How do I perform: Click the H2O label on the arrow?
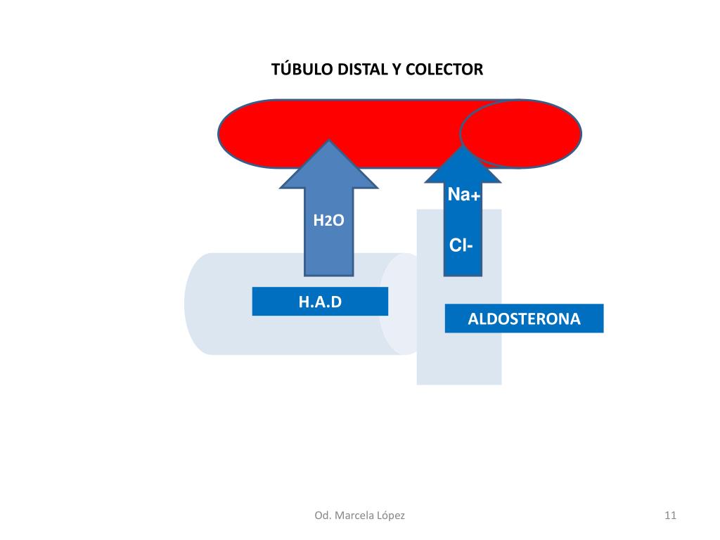coord(328,221)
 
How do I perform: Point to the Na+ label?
coord(464,195)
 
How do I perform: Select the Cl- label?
coord(461,245)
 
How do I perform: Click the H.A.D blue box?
coord(320,302)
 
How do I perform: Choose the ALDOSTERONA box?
coord(524,319)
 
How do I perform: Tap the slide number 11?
coord(669,515)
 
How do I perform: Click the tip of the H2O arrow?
coord(329,143)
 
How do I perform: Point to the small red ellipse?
coord(520,134)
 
